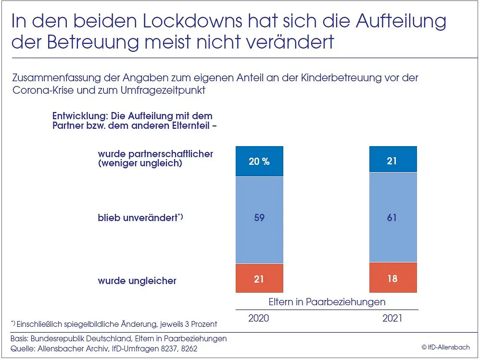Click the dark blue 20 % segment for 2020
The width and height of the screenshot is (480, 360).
pos(259,161)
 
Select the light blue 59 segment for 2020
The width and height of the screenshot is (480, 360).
pos(259,218)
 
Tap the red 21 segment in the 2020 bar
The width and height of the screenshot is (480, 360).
pos(259,278)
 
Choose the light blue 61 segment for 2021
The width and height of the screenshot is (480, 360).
pos(392,218)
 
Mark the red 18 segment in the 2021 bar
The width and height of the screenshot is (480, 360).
pos(392,278)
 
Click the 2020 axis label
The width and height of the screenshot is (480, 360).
pos(259,319)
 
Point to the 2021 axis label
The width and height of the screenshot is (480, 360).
pos(392,319)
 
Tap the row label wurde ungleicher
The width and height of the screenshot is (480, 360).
pos(137,281)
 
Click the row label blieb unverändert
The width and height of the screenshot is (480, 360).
pos(138,218)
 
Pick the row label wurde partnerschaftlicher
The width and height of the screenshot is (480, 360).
pos(155,154)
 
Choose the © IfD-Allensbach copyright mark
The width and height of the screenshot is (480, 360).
pos(445,347)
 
